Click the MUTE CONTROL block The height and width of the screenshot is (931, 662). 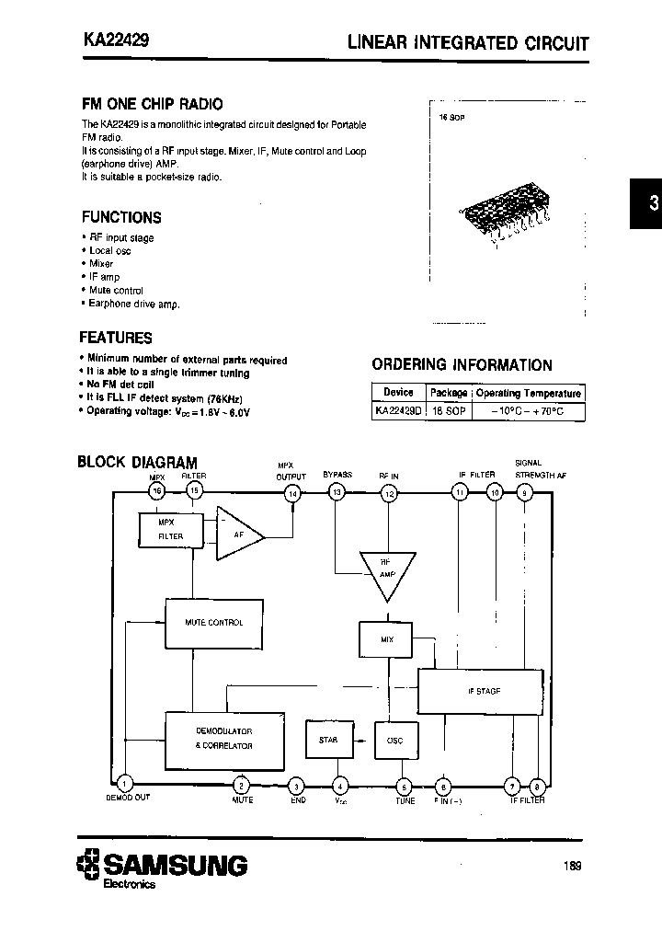(x=213, y=623)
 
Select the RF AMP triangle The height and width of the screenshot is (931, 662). (x=385, y=571)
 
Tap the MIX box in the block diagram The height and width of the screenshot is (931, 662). (x=385, y=638)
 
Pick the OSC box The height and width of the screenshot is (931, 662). (x=394, y=740)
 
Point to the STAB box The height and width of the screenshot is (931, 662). (x=327, y=740)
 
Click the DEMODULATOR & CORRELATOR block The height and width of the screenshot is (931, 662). (x=223, y=738)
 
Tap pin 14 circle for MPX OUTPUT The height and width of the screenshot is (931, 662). (x=293, y=494)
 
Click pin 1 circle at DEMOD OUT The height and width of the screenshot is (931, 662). (x=126, y=783)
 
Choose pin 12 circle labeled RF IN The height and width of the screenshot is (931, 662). (x=389, y=494)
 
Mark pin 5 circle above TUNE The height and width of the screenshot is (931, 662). (x=403, y=786)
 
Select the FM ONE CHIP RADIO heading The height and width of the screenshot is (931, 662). (x=152, y=104)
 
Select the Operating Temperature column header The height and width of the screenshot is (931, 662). (x=528, y=393)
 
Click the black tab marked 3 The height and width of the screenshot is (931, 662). (x=646, y=204)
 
